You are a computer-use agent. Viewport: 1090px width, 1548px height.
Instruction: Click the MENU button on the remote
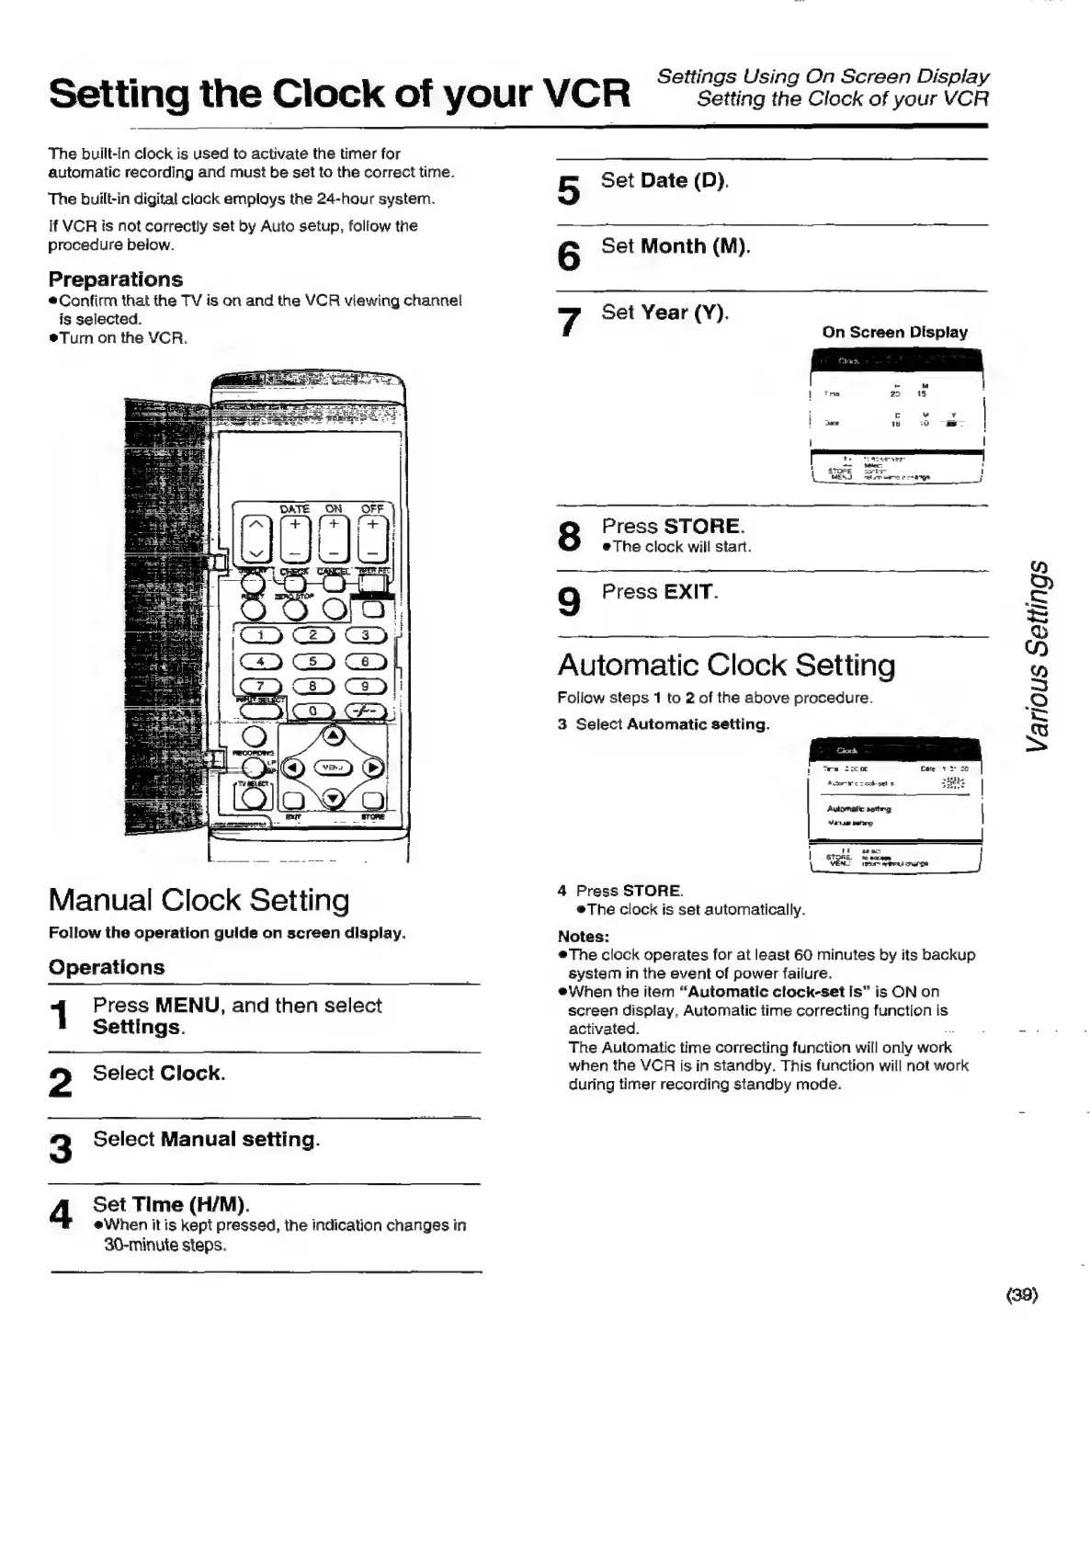coord(332,768)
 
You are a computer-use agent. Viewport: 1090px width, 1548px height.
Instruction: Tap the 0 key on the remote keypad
coord(312,711)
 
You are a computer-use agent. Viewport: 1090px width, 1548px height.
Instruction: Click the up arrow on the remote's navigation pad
coord(332,736)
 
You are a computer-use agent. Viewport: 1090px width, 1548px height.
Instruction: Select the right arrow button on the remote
coord(372,768)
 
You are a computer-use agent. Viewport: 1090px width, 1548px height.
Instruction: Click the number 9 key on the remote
coord(364,686)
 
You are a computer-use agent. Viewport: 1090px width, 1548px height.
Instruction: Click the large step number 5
coord(569,190)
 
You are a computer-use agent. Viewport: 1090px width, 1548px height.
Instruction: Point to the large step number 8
coord(570,536)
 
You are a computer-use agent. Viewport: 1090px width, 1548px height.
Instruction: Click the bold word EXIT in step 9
coord(688,592)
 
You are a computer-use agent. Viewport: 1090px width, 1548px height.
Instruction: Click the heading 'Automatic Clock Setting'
coord(726,665)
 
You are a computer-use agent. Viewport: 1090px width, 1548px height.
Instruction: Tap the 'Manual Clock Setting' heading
coord(199,899)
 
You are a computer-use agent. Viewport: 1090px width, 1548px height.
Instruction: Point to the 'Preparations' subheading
coord(116,279)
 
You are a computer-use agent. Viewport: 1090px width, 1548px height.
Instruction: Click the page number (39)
coord(1021,1295)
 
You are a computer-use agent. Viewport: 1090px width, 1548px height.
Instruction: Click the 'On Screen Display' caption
coord(894,332)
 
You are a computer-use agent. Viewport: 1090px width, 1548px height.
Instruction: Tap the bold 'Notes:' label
coord(584,937)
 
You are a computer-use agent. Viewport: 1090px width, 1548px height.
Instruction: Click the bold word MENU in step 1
coord(187,1006)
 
